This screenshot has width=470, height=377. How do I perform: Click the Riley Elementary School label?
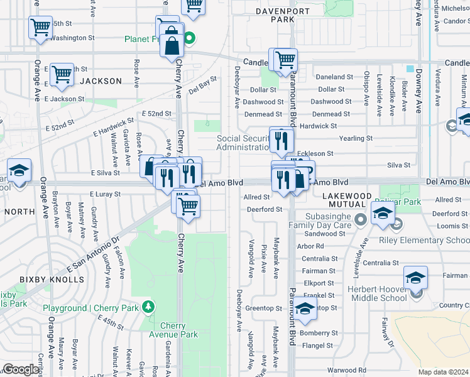point(424,240)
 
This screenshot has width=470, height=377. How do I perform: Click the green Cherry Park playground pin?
point(148,307)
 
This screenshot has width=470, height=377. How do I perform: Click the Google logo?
point(21,369)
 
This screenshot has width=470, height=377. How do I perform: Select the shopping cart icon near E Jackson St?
point(62,74)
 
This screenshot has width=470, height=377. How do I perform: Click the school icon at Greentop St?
point(305,309)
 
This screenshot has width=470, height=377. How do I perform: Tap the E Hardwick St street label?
point(113,128)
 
